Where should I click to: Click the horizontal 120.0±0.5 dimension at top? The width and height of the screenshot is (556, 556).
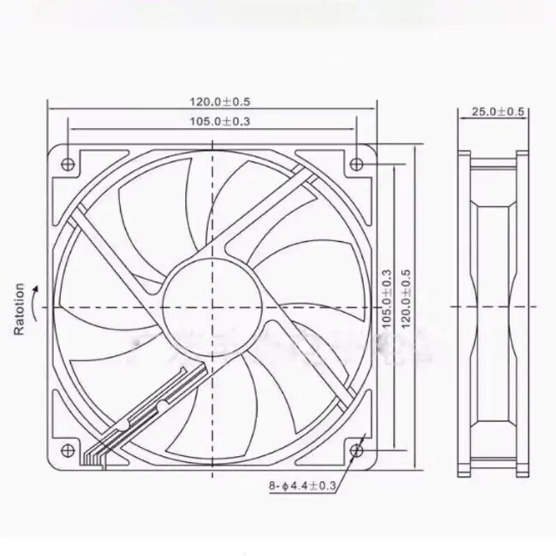pos(220,101)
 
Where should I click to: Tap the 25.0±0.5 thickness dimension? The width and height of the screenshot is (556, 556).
pos(498,112)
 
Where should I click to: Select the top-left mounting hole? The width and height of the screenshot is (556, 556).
pos(68,163)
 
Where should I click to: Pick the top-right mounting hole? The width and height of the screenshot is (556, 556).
pos(356,163)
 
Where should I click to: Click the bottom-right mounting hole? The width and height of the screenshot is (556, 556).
pos(356,450)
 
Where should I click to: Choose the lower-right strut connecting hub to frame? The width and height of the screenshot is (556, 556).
pos(313,361)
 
